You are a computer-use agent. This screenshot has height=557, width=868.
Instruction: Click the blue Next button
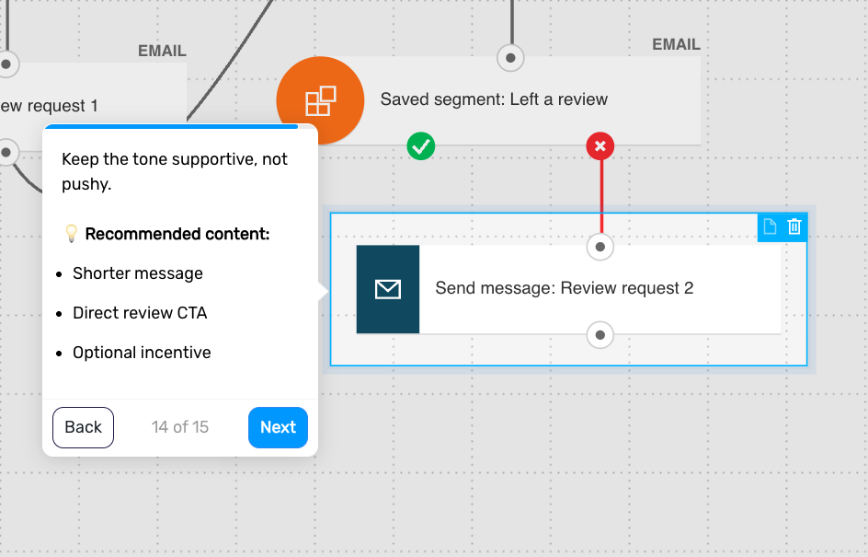pyautogui.click(x=278, y=427)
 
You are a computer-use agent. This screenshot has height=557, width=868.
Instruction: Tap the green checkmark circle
pyautogui.click(x=421, y=146)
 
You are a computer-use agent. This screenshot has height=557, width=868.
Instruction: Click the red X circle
pyautogui.click(x=600, y=146)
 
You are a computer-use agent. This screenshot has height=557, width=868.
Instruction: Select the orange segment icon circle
pyautogui.click(x=320, y=100)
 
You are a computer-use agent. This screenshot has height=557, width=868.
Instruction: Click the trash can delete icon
pyautogui.click(x=794, y=226)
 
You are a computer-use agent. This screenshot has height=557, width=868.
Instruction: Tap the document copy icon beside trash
pyautogui.click(x=770, y=226)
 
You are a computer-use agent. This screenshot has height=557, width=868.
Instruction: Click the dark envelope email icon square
pyautogui.click(x=387, y=289)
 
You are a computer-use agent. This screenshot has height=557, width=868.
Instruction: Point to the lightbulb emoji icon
pyautogui.click(x=72, y=233)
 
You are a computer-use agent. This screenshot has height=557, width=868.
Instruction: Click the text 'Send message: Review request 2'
pyautogui.click(x=564, y=288)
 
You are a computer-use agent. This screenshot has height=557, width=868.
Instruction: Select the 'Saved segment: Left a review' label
pyautogui.click(x=494, y=99)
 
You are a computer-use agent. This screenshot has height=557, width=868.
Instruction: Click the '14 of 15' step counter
pyautogui.click(x=180, y=427)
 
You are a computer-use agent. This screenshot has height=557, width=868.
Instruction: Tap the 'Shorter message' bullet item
pyautogui.click(x=138, y=273)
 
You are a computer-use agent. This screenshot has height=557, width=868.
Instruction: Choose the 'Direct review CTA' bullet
pyautogui.click(x=140, y=313)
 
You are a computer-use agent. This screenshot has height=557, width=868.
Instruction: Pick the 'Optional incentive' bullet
pyautogui.click(x=142, y=353)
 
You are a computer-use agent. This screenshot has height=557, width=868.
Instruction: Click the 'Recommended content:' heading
pyautogui.click(x=177, y=234)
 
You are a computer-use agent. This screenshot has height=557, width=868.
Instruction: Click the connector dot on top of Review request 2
pyautogui.click(x=600, y=247)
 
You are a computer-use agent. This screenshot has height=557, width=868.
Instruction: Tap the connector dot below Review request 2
pyautogui.click(x=600, y=335)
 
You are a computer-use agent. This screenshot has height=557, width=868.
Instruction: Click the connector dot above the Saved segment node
pyautogui.click(x=510, y=58)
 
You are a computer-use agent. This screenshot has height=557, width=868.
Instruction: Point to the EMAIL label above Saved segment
pyautogui.click(x=676, y=44)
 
